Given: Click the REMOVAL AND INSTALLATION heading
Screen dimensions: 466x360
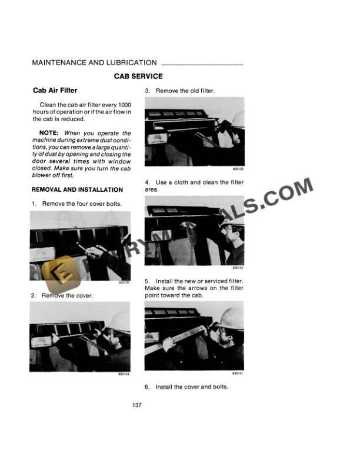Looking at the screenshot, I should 77,190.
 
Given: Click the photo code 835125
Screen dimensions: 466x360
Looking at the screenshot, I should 124,284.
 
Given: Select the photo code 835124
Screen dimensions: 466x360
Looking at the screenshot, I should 124,374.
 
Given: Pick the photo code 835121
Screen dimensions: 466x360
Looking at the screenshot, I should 238,374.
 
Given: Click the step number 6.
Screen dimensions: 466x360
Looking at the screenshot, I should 147,387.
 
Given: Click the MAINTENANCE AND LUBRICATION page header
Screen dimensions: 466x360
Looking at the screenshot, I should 94,62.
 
